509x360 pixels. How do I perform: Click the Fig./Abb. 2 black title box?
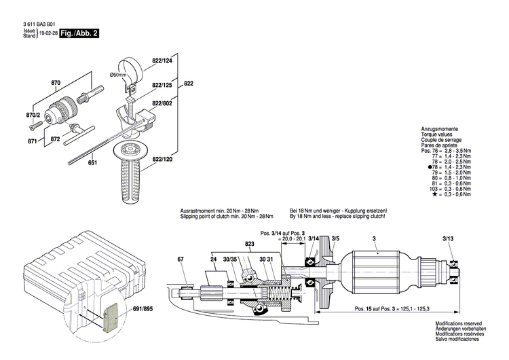(x=75, y=33)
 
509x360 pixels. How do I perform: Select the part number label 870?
(x=56, y=84)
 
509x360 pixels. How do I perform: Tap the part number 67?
(x=181, y=259)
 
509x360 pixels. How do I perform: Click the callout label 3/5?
(x=335, y=239)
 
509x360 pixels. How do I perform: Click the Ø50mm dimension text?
(x=119, y=74)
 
